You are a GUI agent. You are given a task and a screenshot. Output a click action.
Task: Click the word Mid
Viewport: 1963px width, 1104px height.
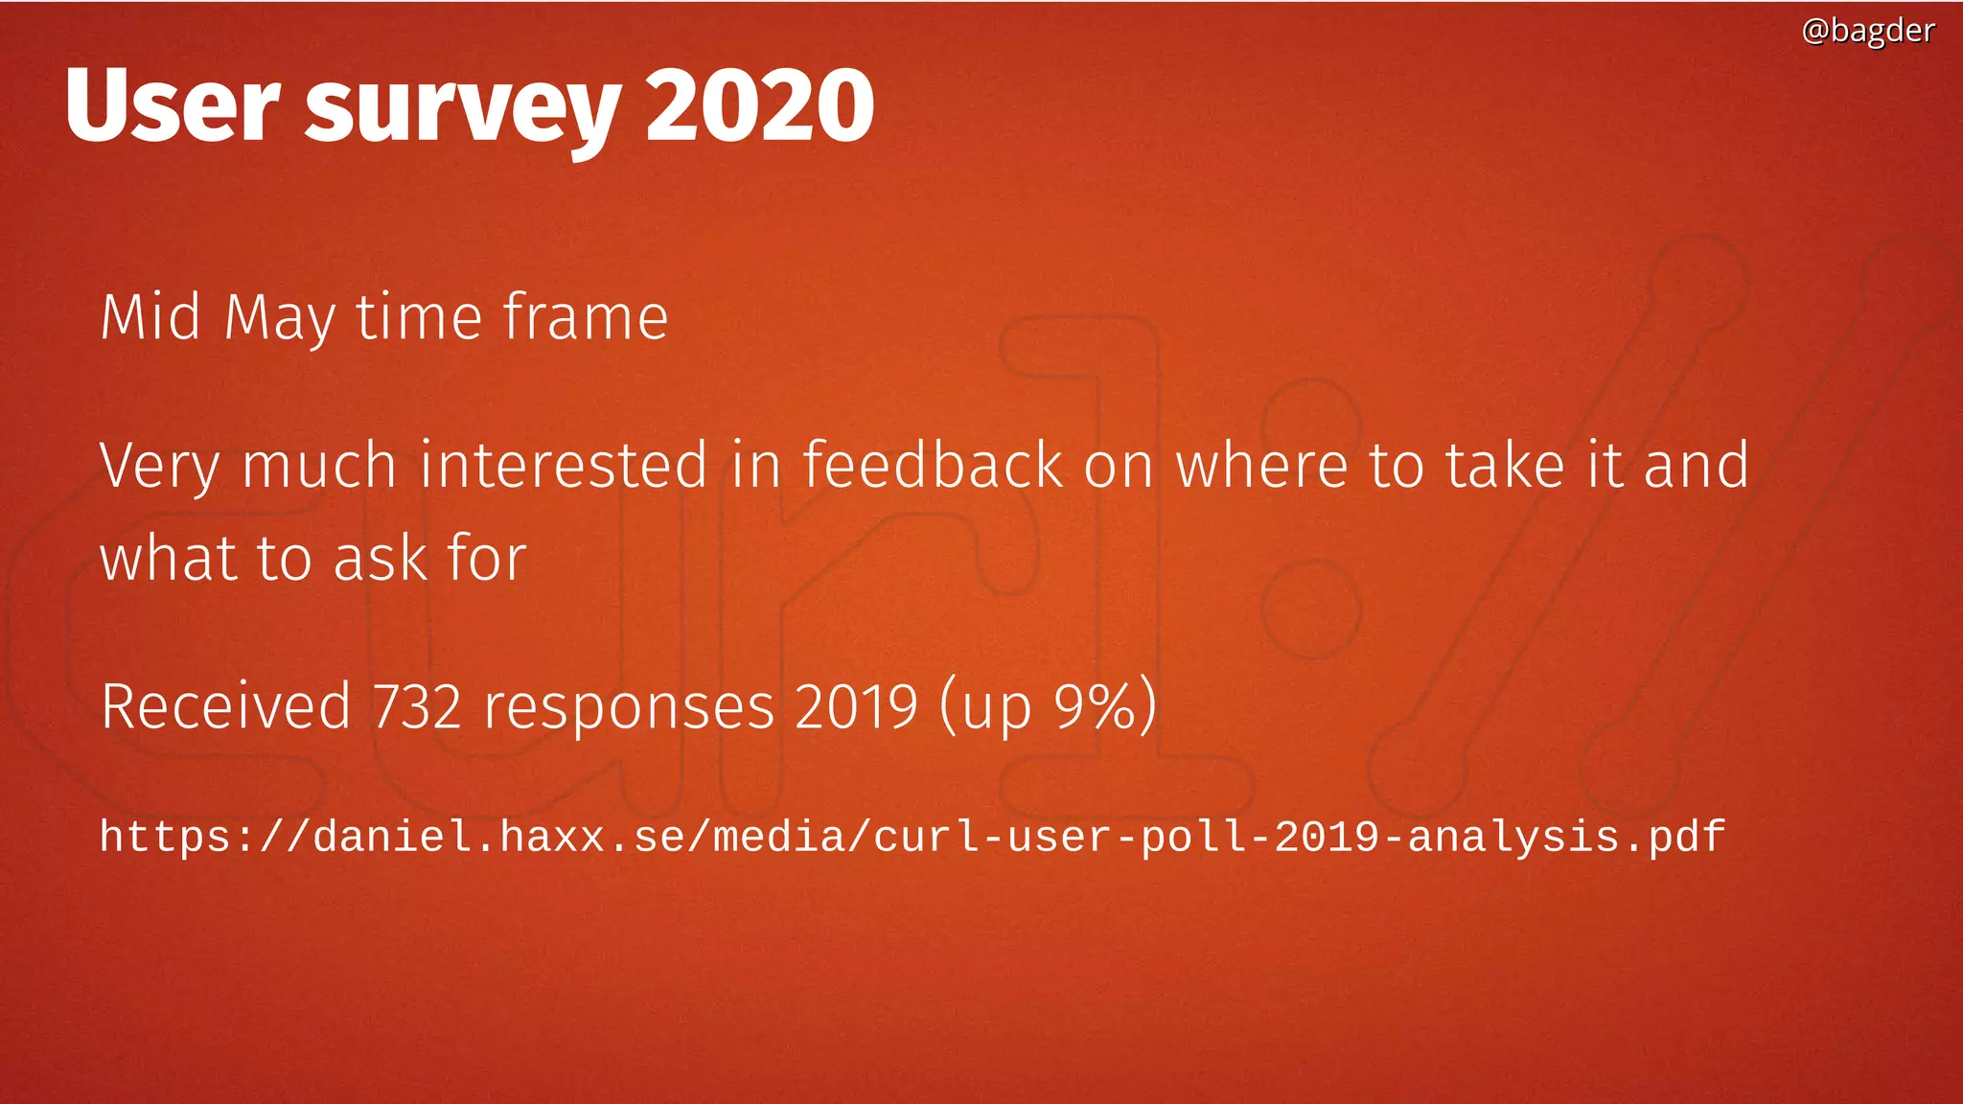click(150, 317)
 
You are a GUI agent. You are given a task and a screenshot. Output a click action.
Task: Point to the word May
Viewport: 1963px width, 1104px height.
click(280, 319)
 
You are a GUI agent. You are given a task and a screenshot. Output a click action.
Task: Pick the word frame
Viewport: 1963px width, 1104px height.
click(585, 317)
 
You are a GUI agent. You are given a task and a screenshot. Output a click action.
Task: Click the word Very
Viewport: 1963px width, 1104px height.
click(159, 467)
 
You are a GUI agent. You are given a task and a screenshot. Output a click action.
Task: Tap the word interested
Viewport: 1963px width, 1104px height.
click(564, 465)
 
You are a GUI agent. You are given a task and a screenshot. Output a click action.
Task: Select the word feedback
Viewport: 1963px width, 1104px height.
click(933, 465)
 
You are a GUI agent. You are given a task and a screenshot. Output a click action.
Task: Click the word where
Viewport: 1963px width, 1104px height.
click(1260, 465)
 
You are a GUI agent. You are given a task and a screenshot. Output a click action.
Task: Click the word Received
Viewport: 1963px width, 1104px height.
click(226, 707)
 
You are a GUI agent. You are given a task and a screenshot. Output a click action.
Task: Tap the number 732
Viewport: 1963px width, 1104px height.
click(417, 707)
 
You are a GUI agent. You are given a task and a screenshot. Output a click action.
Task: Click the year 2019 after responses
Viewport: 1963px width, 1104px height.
click(856, 707)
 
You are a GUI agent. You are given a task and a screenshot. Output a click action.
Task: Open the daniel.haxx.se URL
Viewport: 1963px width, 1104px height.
click(912, 837)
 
